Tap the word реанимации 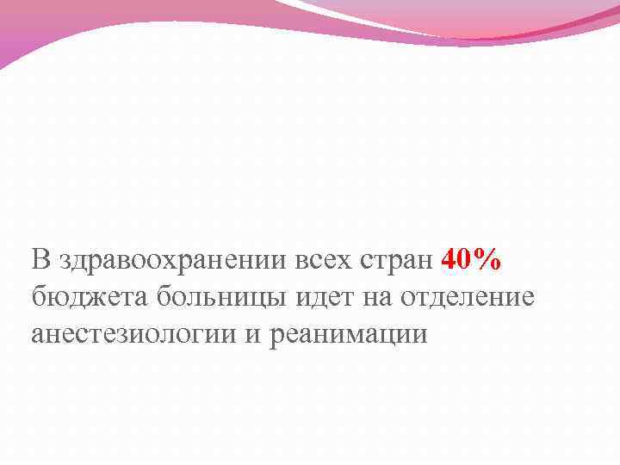click(350, 333)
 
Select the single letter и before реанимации click(256, 335)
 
